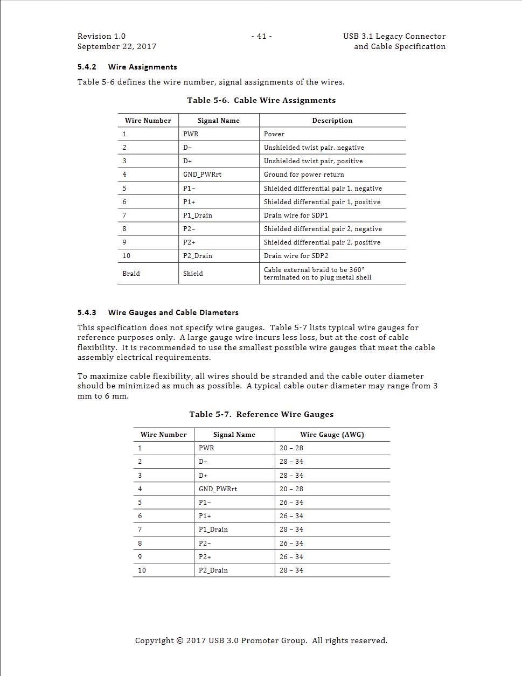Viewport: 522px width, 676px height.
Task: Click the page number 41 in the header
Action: [x=261, y=36]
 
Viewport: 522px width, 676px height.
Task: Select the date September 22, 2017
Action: [x=116, y=46]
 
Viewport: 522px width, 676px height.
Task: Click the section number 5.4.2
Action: [x=87, y=67]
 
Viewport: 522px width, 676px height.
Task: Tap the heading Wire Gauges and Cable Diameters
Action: [x=173, y=312]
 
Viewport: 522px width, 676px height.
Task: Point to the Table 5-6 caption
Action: [x=261, y=100]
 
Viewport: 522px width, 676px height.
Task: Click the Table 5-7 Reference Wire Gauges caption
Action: [x=261, y=414]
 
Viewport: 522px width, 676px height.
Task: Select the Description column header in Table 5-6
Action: [x=332, y=121]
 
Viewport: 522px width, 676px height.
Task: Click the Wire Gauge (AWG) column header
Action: [x=332, y=435]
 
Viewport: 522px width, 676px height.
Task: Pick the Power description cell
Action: [x=274, y=134]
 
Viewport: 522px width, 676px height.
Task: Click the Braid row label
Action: [x=131, y=274]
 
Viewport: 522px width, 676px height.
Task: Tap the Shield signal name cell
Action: [x=193, y=274]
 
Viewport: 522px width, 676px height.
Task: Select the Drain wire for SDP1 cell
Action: [x=296, y=215]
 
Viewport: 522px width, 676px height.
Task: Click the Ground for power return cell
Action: [x=304, y=175]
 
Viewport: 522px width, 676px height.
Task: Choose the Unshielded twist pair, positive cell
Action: [x=313, y=161]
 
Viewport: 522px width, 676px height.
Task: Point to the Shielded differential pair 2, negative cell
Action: [x=323, y=229]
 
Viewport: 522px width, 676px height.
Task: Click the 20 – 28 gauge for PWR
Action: [x=291, y=448]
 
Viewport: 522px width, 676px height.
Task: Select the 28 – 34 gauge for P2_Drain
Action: [x=291, y=570]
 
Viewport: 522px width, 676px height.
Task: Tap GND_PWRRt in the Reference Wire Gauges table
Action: [x=218, y=489]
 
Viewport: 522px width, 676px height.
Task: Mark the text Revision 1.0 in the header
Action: [x=101, y=36]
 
